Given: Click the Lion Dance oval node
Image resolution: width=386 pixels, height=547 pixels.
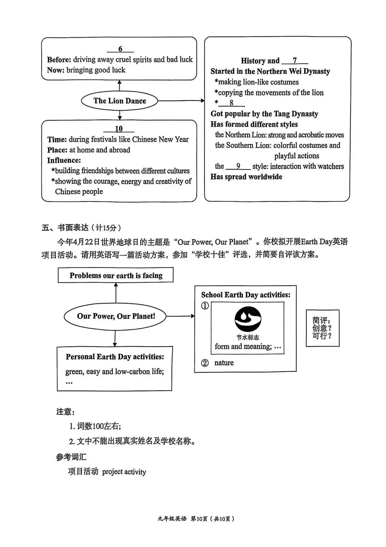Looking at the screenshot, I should [x=119, y=101].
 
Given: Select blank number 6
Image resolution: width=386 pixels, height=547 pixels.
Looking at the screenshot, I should [x=120, y=49].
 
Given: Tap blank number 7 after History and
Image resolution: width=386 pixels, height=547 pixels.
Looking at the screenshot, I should [x=295, y=60].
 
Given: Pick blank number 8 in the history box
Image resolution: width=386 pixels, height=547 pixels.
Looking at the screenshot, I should [x=231, y=103].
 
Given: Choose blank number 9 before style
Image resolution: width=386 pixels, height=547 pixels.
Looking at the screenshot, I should [x=238, y=166].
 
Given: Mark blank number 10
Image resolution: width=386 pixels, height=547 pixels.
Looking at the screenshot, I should [x=119, y=129].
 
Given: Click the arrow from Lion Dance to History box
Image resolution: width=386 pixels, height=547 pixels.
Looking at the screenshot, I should [x=180, y=101].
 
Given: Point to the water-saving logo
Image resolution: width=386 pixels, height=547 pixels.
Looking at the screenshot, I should [x=248, y=319].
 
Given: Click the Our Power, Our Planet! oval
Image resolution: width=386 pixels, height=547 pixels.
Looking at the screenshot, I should [x=116, y=316].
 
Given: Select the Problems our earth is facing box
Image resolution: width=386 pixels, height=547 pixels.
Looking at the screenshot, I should [x=116, y=275].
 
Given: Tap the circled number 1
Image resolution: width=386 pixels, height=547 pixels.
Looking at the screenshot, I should [x=205, y=306].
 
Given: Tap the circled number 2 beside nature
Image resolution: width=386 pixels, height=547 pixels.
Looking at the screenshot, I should [x=205, y=363].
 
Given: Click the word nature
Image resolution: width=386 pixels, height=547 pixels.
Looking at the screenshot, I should [x=224, y=363].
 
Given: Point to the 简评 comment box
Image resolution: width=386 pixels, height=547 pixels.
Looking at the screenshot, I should [x=322, y=328].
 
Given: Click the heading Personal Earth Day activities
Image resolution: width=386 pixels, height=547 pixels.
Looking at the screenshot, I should [x=115, y=357].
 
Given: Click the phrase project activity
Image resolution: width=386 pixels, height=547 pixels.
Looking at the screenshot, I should [x=124, y=472].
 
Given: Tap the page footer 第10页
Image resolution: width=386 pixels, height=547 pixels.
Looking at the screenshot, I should [x=199, y=519].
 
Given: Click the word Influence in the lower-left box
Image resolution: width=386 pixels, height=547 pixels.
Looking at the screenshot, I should [x=64, y=160].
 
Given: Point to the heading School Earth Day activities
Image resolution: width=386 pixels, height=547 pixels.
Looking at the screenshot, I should [x=246, y=295].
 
